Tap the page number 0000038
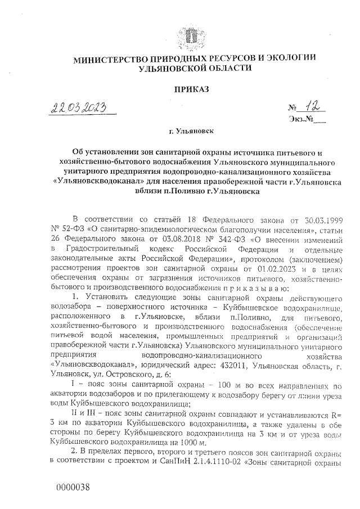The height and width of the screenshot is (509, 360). (x=73, y=487)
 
